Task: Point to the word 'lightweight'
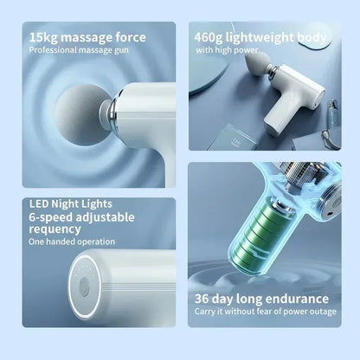267,37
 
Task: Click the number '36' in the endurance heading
205,299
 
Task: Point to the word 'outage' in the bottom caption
319,312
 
